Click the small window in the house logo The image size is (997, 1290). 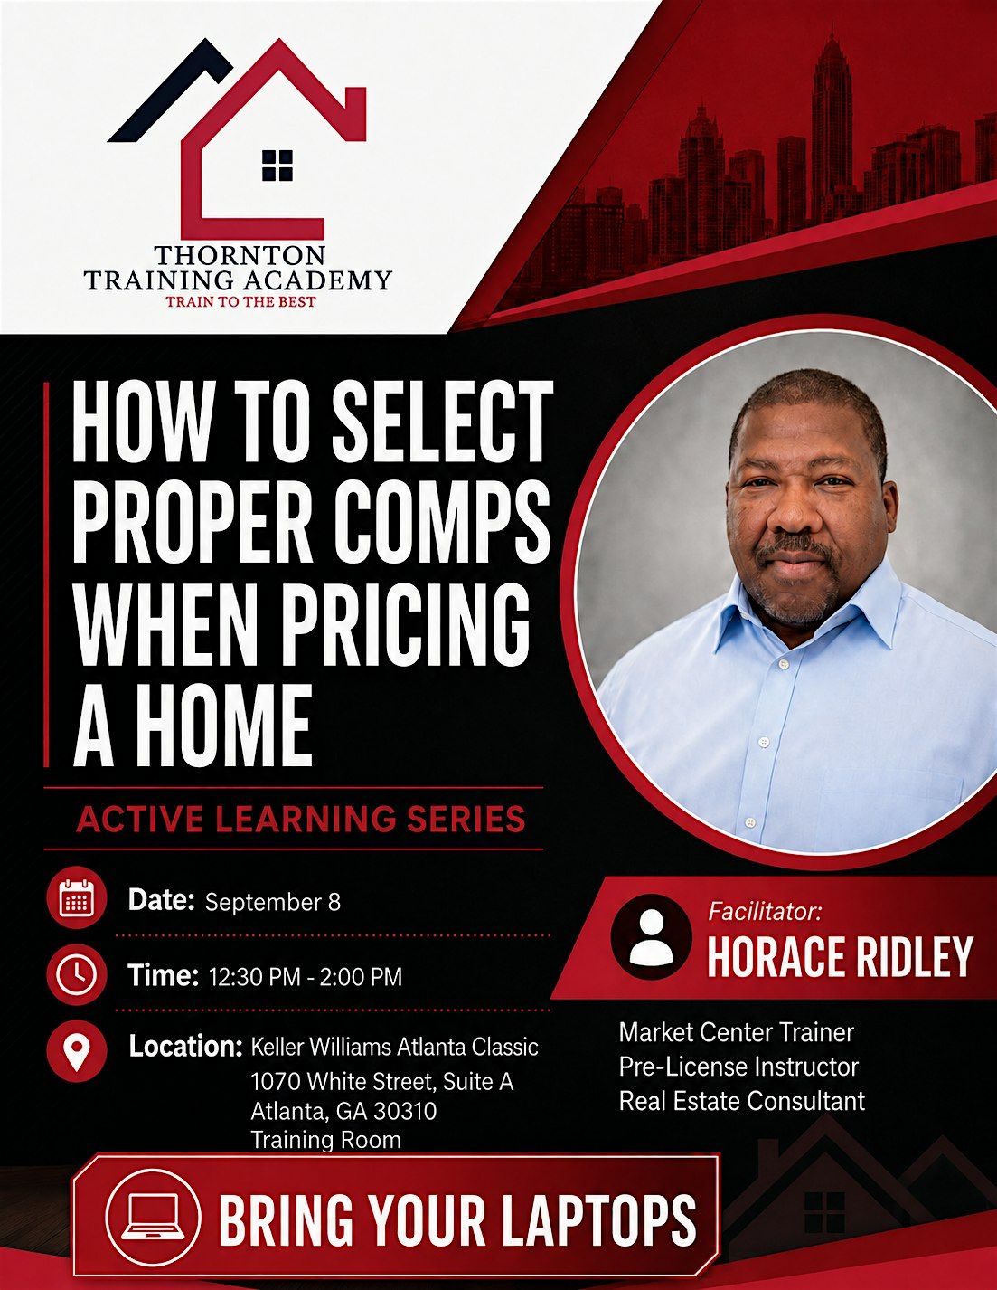[x=277, y=166]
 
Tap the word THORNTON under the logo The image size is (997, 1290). [x=240, y=255]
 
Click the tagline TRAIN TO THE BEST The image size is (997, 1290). [x=240, y=301]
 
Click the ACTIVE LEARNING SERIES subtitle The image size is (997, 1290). [x=301, y=820]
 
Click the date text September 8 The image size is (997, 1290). [x=273, y=903]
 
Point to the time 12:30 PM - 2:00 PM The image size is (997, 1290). [x=306, y=977]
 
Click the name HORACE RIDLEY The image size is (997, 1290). [x=840, y=957]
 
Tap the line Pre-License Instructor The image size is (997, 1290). [x=738, y=1067]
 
